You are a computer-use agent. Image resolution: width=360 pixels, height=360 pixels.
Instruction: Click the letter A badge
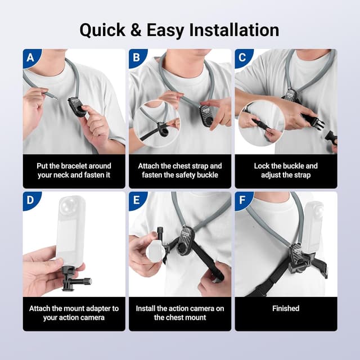pyautogui.click(x=29, y=57)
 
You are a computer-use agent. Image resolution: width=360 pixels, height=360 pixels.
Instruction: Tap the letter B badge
pyautogui.click(x=136, y=57)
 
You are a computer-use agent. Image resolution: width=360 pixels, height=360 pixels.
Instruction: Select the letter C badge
pyautogui.click(x=242, y=57)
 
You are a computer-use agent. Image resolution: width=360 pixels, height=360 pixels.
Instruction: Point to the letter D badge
pyautogui.click(x=29, y=200)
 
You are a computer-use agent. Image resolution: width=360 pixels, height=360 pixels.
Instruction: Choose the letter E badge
pyautogui.click(x=136, y=200)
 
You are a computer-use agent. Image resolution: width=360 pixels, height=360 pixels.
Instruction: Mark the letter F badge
pyautogui.click(x=242, y=200)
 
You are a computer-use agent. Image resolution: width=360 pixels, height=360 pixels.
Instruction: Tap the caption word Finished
pyautogui.click(x=286, y=308)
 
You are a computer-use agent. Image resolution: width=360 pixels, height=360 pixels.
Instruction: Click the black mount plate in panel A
pyautogui.click(x=76, y=105)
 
